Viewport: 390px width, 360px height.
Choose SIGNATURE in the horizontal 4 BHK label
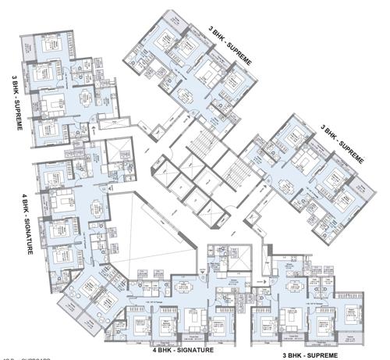[190, 351]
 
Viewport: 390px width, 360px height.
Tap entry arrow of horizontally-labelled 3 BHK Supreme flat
[264, 277]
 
